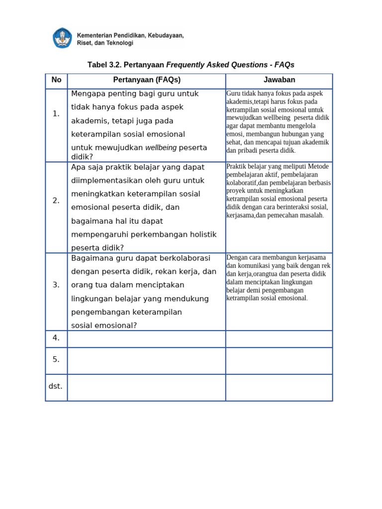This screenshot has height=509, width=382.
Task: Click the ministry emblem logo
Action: click(62, 38)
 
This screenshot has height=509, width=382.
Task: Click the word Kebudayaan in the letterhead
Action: click(165, 35)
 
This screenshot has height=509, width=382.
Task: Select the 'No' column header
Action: click(56, 80)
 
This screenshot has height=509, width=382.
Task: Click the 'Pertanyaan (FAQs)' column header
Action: click(146, 80)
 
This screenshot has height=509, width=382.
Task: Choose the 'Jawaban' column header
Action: click(279, 80)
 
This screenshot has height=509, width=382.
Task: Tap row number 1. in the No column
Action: click(56, 114)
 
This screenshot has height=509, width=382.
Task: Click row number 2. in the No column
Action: click(56, 201)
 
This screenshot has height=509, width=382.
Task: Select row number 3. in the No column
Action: click(56, 285)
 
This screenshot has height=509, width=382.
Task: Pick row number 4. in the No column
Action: click(56, 338)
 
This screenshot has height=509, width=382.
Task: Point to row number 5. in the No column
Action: click(56, 359)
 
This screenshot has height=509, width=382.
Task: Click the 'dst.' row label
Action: click(56, 386)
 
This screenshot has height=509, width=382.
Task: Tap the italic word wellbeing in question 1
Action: click(161, 148)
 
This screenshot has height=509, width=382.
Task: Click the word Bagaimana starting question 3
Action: click(91, 258)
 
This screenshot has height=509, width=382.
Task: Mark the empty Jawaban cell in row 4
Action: click(279, 339)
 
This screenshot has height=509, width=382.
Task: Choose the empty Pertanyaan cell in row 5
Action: click(146, 360)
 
